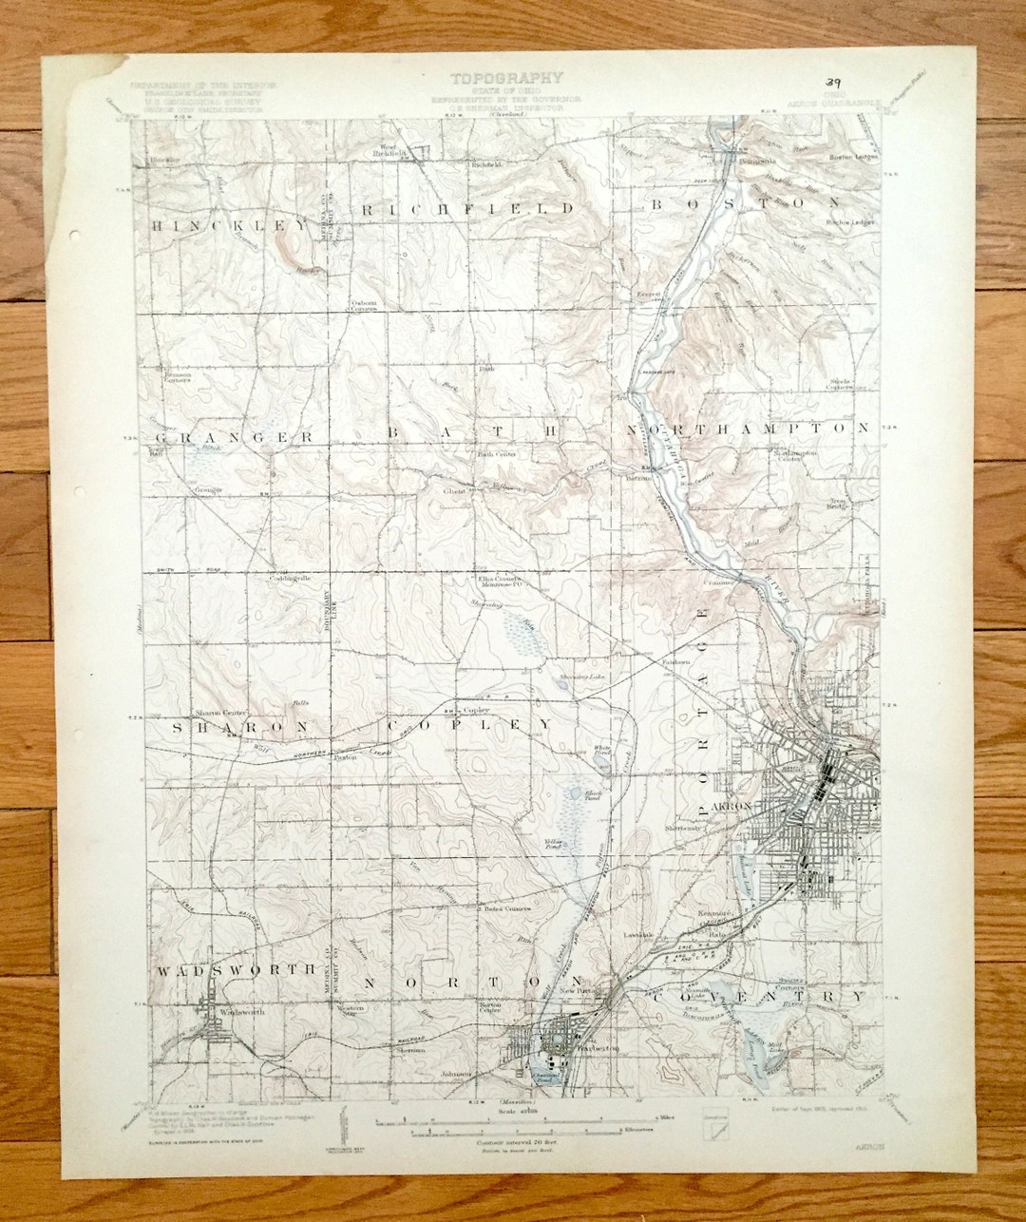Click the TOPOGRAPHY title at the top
[x=506, y=78]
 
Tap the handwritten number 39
[x=835, y=84]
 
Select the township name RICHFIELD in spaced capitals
[x=467, y=208]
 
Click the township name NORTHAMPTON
[x=747, y=429]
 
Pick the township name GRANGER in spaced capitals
[x=234, y=437]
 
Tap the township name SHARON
[x=240, y=727]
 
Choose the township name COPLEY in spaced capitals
[x=469, y=724]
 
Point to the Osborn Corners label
[x=364, y=307]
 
